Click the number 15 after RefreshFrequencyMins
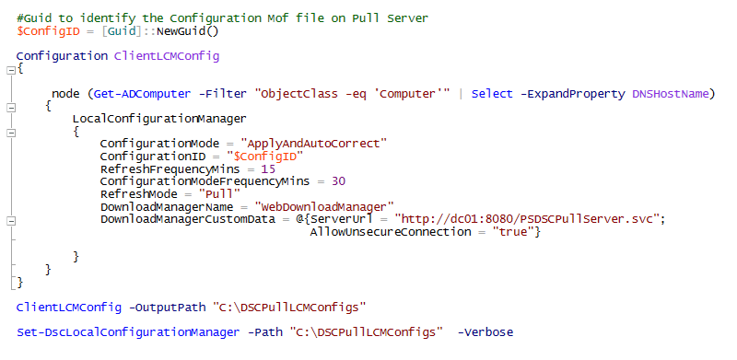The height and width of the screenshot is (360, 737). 267,169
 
